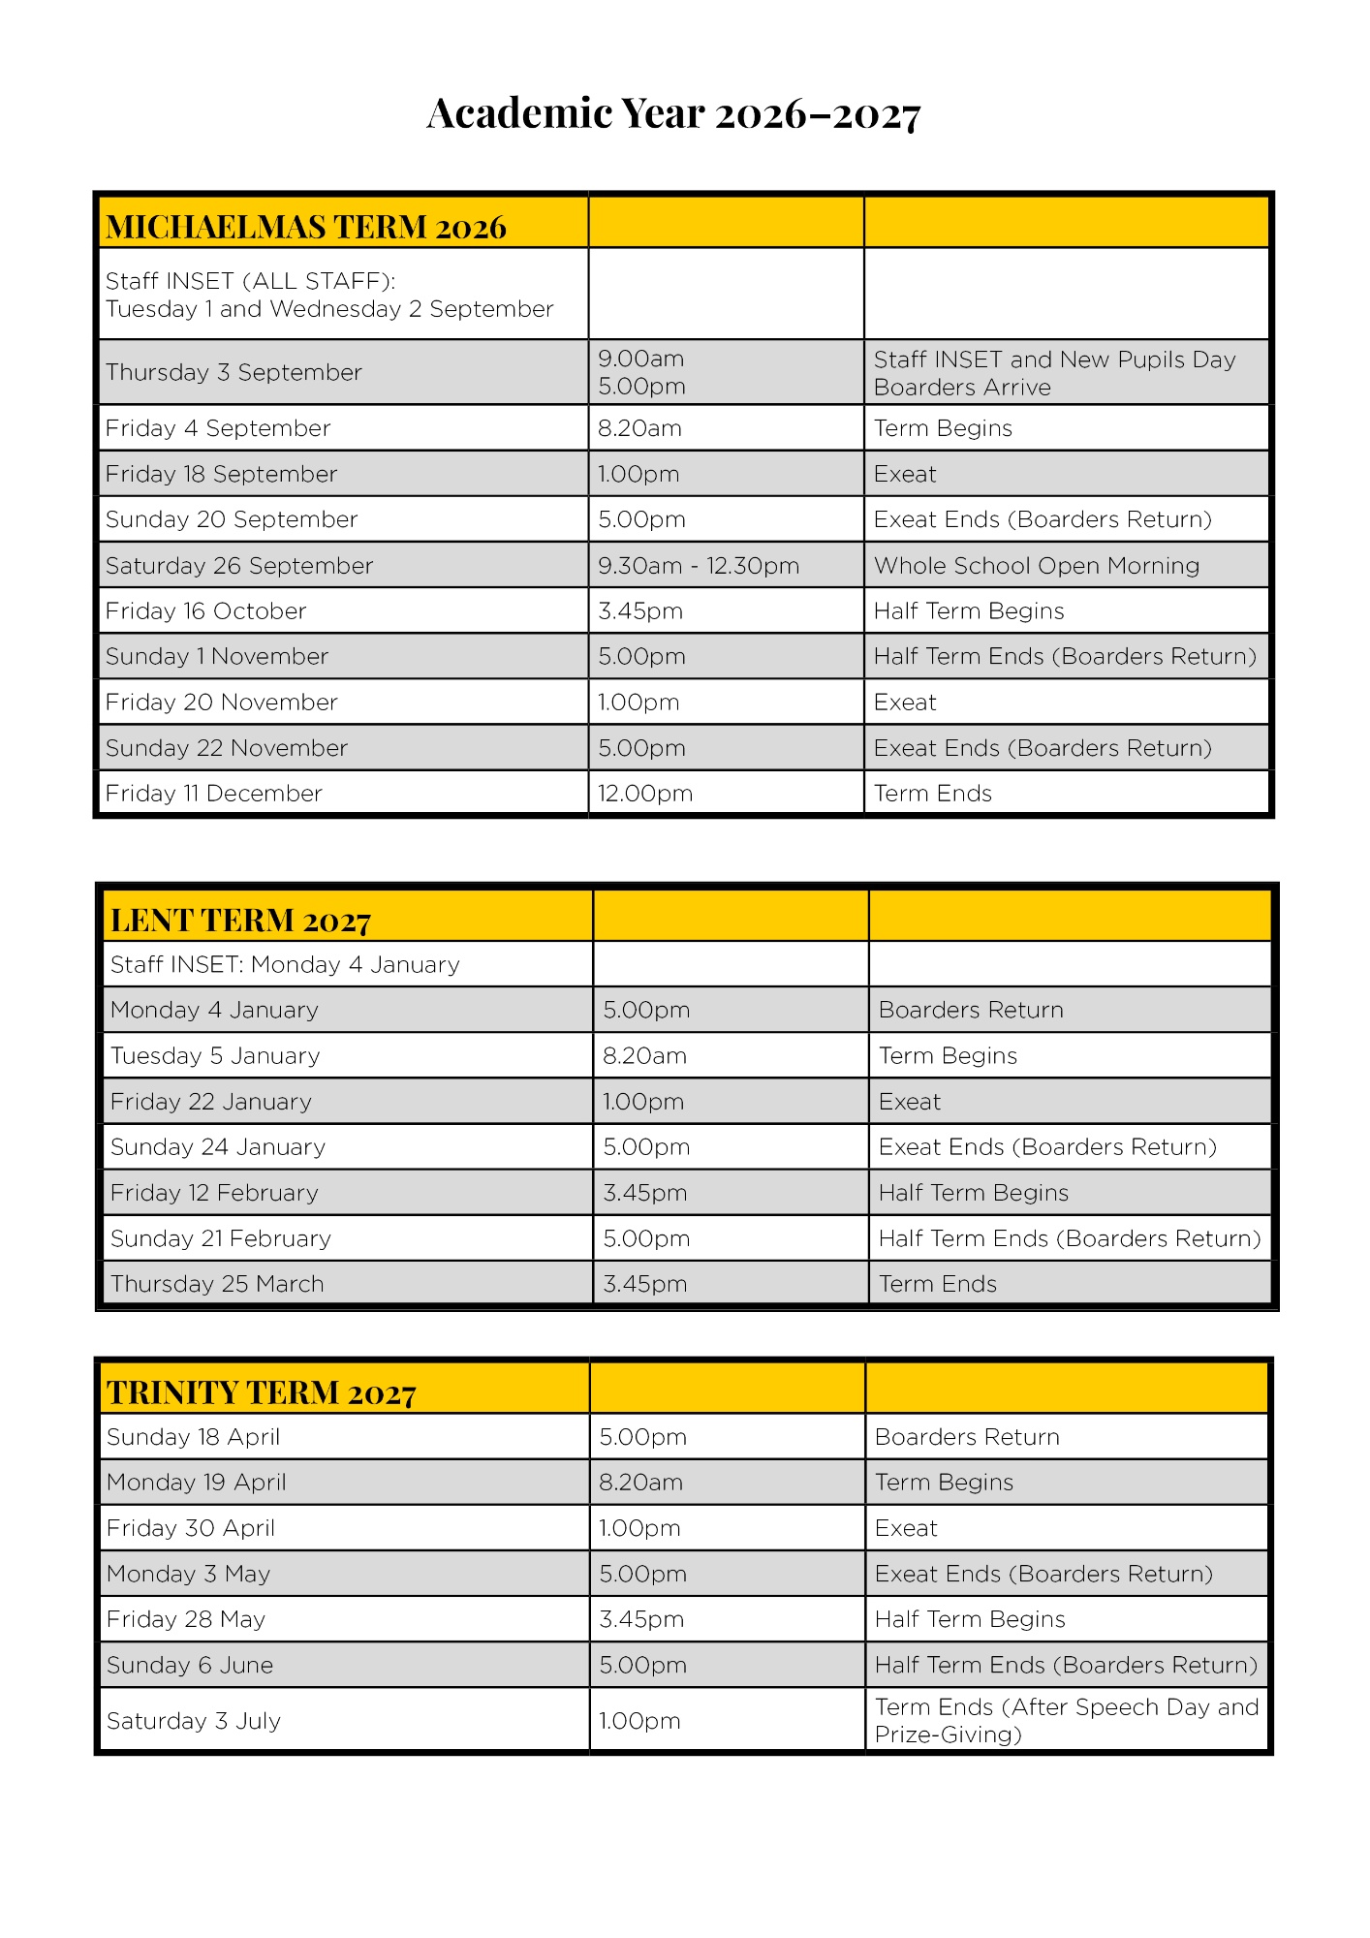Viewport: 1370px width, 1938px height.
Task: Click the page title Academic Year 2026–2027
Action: [673, 113]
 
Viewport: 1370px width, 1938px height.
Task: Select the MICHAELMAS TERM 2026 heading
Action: [306, 227]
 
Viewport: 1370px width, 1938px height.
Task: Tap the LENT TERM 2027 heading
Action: [240, 920]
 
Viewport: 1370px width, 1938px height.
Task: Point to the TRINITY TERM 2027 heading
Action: [262, 1392]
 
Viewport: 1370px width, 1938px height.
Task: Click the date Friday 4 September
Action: [218, 428]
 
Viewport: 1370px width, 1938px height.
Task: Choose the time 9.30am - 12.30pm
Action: [699, 566]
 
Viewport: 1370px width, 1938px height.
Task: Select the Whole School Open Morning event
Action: [1037, 566]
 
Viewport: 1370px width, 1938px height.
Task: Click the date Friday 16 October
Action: [206, 611]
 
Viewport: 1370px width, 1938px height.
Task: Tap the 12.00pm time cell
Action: [645, 794]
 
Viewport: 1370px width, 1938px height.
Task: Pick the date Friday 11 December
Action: [214, 794]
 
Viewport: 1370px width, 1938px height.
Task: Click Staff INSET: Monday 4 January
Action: [285, 965]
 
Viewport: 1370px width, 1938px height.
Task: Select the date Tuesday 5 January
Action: [215, 1056]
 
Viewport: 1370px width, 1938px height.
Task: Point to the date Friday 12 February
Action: [214, 1193]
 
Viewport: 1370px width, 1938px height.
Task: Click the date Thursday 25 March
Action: [217, 1284]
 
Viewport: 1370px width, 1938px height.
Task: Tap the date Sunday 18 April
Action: [194, 1437]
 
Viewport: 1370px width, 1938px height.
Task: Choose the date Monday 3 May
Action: [189, 1574]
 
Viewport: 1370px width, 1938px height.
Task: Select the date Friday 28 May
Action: [186, 1619]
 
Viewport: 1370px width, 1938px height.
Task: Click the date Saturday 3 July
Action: [194, 1721]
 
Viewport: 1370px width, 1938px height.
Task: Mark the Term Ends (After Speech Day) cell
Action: [1066, 1720]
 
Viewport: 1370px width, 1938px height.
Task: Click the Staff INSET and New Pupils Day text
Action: [1055, 359]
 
